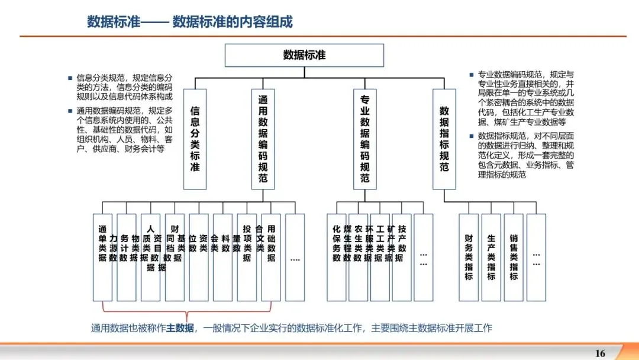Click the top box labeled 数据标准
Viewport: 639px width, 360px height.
pos(304,56)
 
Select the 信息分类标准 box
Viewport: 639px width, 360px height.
pos(195,139)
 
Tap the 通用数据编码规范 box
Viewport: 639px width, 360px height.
pos(263,139)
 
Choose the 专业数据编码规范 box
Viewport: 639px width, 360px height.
pos(364,139)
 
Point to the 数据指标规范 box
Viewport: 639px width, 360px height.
pos(444,139)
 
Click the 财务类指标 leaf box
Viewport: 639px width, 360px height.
pos(469,257)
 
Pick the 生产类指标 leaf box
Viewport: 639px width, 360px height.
pos(491,257)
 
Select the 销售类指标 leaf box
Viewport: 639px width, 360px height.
pos(514,257)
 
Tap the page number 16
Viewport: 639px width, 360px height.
pos(600,353)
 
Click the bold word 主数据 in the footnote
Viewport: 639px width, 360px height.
pos(179,327)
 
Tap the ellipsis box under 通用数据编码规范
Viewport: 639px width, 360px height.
pos(295,257)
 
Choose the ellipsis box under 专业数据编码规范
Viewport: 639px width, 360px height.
pos(424,257)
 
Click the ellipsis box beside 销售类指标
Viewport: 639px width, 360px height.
pos(536,257)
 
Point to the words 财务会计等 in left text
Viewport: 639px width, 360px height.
pos(143,150)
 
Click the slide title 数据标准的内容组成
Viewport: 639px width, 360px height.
pos(233,22)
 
